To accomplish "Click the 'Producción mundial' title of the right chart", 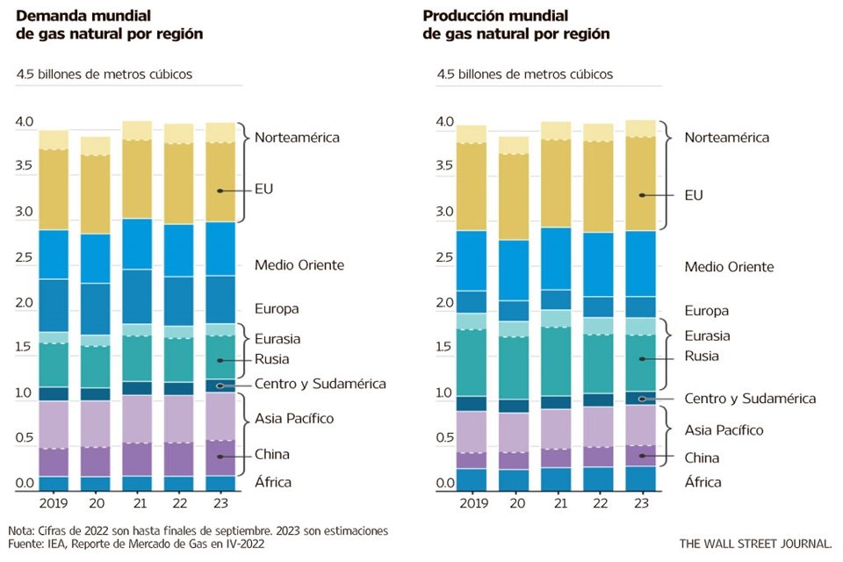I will point(495,16).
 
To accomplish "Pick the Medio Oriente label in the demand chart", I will point(299,265).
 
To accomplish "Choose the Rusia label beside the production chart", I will point(702,357).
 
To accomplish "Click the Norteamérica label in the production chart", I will point(726,138).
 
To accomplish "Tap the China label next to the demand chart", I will point(271,454).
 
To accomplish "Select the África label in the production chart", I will point(702,482).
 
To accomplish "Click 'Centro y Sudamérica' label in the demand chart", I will point(320,384).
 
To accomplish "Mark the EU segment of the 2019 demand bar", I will point(54,189).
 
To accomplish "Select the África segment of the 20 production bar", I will point(514,480).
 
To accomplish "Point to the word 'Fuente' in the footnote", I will point(27,544).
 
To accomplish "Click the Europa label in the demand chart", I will point(277,309).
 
